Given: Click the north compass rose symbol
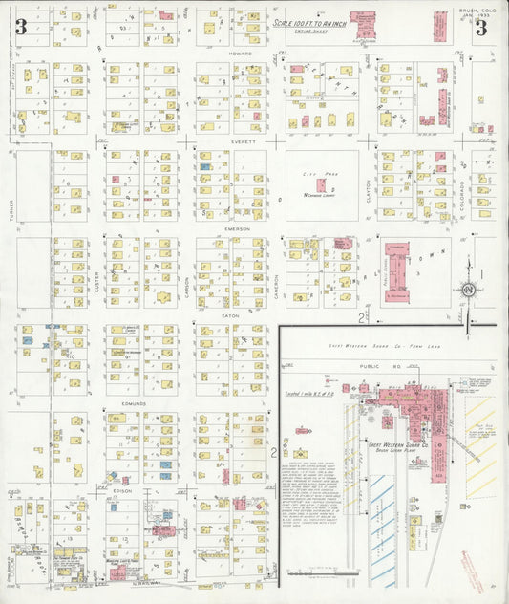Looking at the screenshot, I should (469, 290).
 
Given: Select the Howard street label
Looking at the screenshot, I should (240, 54).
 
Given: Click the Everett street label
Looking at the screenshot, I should (240, 141).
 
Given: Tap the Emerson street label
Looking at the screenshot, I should (238, 229).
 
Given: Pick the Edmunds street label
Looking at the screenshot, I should (134, 404).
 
